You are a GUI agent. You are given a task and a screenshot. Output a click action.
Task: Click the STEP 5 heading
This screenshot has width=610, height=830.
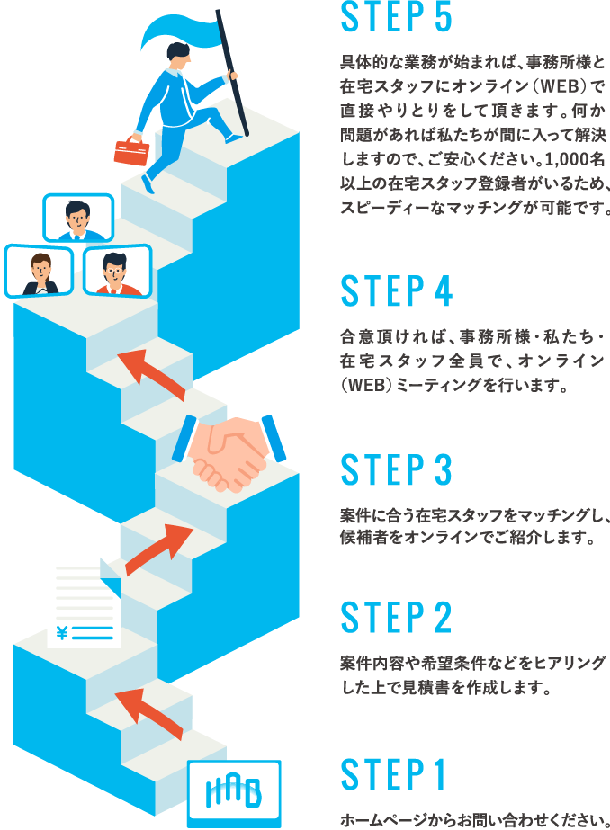(397, 17)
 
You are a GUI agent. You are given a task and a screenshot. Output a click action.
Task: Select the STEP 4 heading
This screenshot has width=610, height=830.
(397, 291)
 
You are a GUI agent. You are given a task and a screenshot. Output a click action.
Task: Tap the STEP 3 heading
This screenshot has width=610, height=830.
(396, 470)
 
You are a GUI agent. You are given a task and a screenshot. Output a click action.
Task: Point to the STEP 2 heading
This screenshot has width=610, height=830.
(396, 618)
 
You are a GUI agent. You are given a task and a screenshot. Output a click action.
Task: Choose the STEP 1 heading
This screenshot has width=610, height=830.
(393, 776)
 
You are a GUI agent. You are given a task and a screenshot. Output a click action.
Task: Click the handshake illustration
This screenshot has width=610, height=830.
(229, 450)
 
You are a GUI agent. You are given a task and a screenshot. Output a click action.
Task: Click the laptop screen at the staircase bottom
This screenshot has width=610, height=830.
(234, 791)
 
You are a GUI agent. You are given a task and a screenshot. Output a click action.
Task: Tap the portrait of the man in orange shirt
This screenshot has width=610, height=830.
(116, 271)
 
